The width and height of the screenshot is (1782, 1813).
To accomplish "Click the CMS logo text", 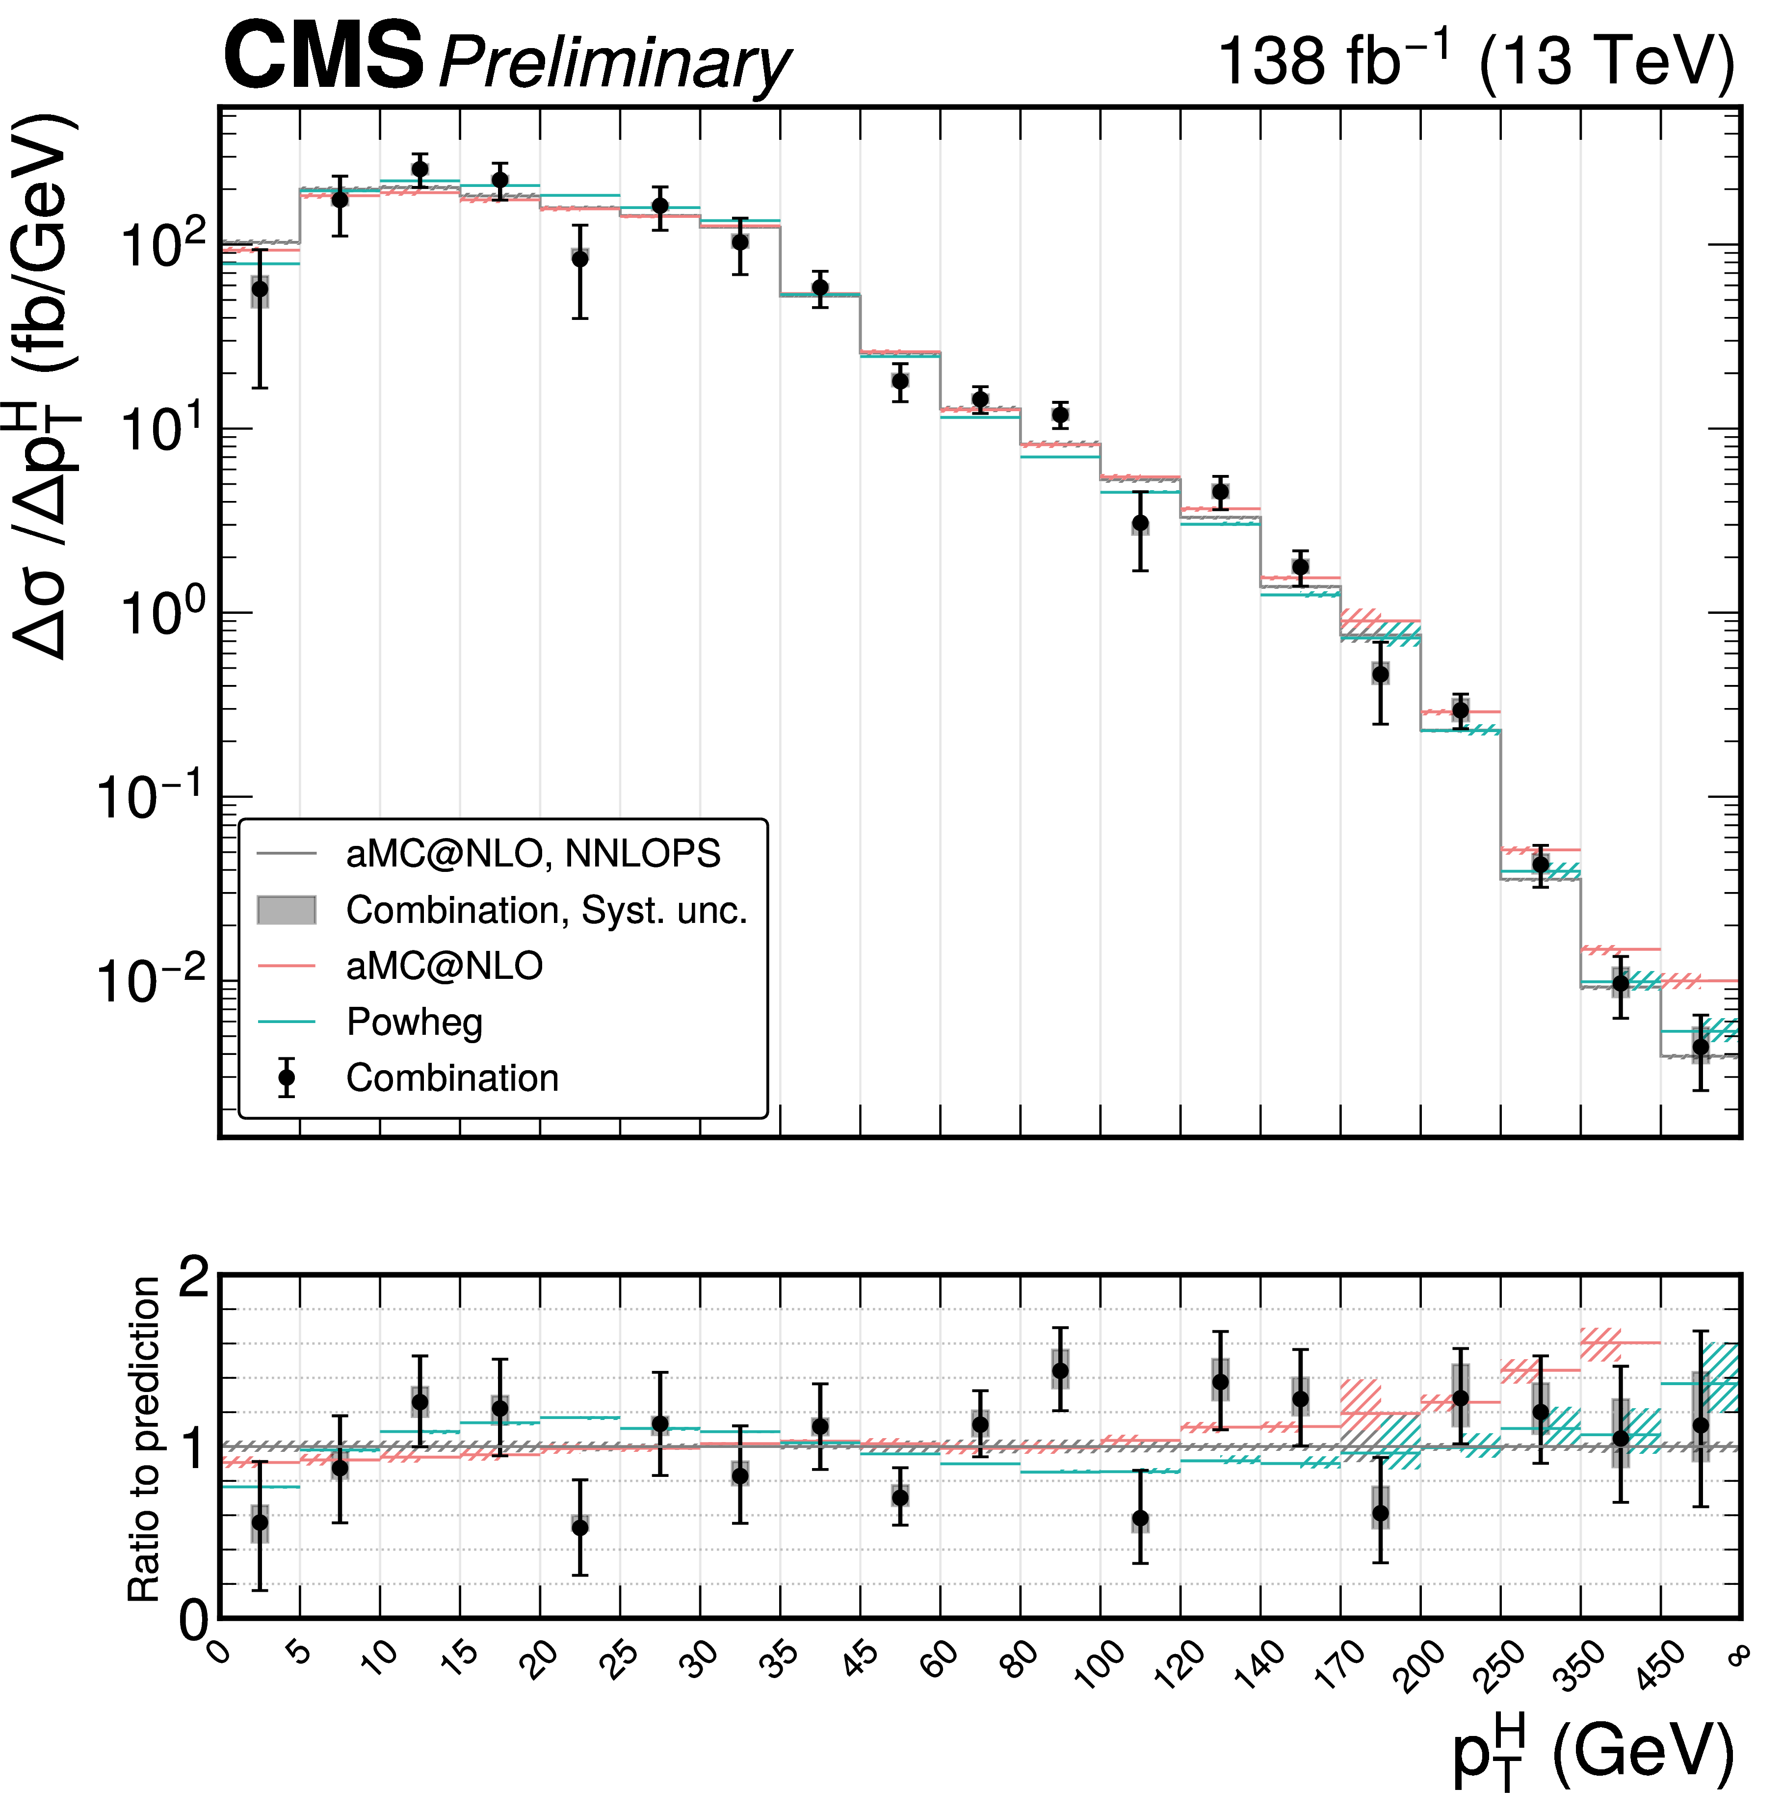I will [323, 58].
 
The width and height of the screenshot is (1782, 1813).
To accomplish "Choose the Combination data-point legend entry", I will [452, 1078].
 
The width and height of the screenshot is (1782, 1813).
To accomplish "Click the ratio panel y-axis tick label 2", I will [194, 1277].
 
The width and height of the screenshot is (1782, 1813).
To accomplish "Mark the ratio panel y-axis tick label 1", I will [194, 1448].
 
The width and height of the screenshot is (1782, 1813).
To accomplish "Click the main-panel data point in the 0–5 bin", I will [260, 289].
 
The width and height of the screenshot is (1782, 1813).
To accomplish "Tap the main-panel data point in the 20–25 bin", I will [580, 258].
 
